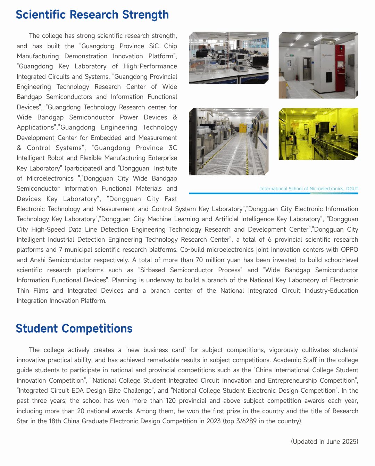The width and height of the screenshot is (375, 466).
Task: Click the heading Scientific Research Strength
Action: click(92, 15)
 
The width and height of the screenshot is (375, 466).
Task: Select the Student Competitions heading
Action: click(74, 328)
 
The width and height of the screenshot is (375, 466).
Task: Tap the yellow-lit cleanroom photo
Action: click(318, 134)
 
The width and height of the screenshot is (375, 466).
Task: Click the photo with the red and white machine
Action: click(318, 65)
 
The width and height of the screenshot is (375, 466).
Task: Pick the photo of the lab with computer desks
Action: click(228, 58)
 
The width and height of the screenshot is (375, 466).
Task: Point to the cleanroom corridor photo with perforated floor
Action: click(228, 142)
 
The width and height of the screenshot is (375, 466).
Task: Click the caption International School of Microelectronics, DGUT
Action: click(309, 189)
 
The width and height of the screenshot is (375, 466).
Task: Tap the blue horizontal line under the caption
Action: click(274, 193)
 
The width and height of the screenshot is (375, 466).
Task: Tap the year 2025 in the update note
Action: click(350, 442)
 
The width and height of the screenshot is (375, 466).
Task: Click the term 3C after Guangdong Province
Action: click(173, 148)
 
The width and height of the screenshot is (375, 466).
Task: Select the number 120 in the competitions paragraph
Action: click(170, 401)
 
